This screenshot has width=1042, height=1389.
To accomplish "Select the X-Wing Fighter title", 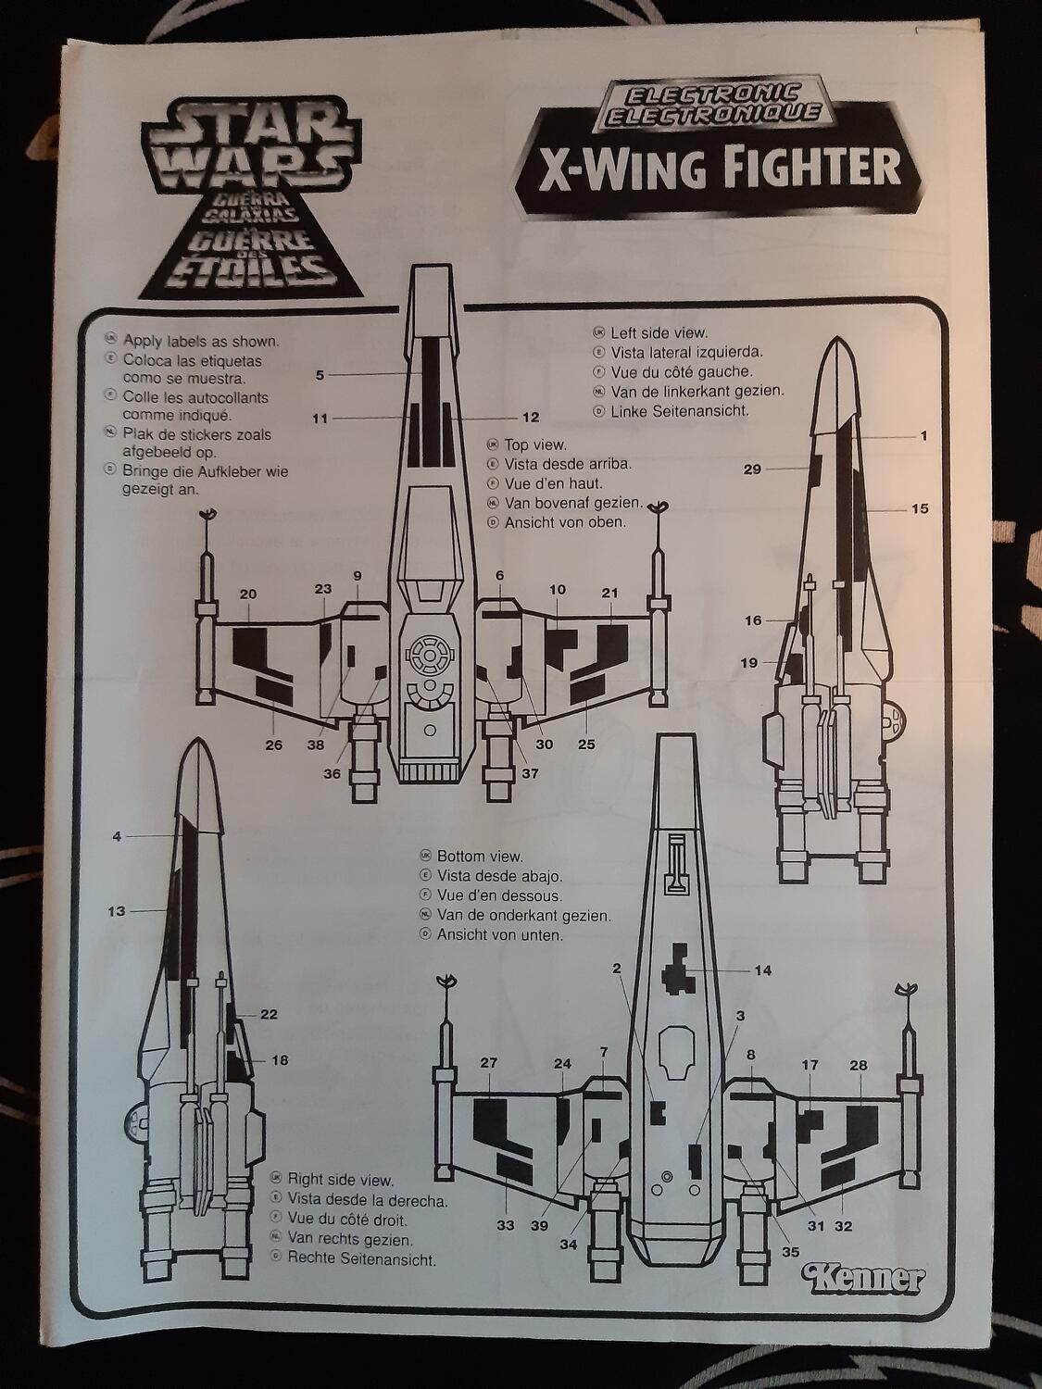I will [x=709, y=169].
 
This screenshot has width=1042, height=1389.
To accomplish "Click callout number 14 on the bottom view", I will [x=762, y=970].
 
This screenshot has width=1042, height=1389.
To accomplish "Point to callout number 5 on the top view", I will [x=320, y=375].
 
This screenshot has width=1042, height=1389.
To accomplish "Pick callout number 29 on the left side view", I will [x=752, y=469].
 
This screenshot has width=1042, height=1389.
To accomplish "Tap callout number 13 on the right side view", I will [x=116, y=911].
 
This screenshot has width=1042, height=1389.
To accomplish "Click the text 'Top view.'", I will [x=535, y=445].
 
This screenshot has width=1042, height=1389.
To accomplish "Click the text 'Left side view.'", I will [x=659, y=332].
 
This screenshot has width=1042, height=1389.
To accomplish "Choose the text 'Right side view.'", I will [x=340, y=1180].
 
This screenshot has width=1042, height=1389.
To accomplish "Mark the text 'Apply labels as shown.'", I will [x=201, y=341].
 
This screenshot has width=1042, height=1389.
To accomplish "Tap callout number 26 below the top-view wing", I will [x=274, y=744].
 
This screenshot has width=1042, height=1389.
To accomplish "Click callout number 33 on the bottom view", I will [x=505, y=1226].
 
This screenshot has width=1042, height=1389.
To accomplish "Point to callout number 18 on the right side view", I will [x=279, y=1060].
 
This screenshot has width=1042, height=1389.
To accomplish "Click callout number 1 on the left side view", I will [x=923, y=435].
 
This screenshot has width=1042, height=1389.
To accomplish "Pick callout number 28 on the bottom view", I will [x=858, y=1065].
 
